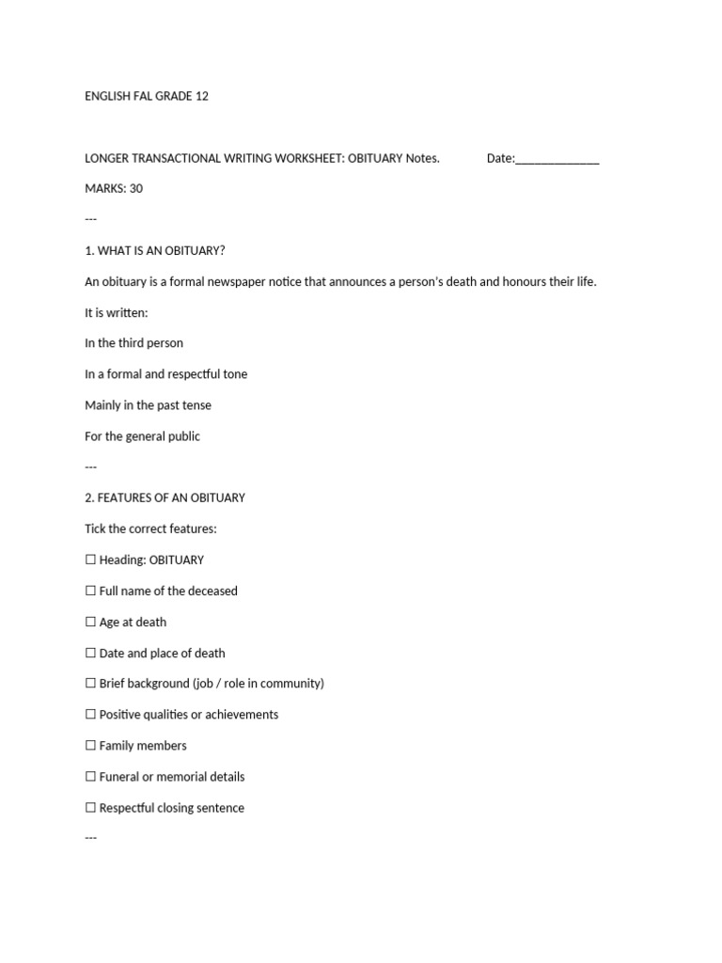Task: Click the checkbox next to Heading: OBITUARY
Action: [x=90, y=560]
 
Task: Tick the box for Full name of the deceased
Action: [x=90, y=591]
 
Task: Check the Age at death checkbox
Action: [x=90, y=622]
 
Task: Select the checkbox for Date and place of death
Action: [x=90, y=653]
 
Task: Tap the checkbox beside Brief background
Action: [x=90, y=684]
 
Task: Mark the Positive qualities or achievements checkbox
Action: [x=90, y=715]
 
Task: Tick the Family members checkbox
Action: [x=90, y=746]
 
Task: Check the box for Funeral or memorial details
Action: [x=90, y=777]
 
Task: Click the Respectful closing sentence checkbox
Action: [x=90, y=808]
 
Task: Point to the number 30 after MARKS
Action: [x=136, y=189]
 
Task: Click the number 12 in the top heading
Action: [x=202, y=96]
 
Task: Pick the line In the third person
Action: [x=133, y=343]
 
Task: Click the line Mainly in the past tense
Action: [x=148, y=405]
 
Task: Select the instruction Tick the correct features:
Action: [x=150, y=529]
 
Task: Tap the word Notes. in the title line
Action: [x=422, y=159]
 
